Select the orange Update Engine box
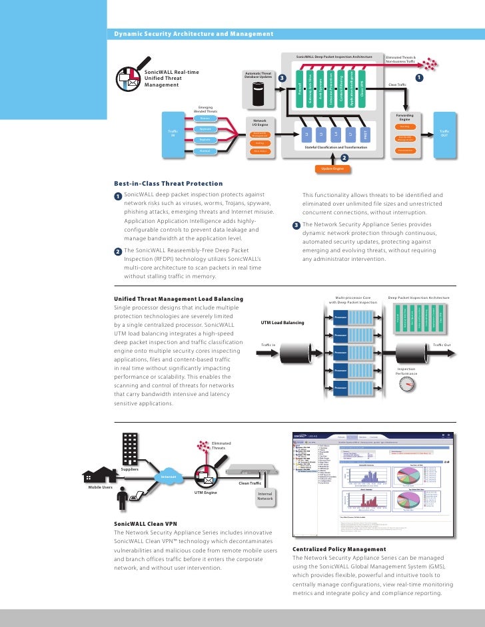[x=333, y=169]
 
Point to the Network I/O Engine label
[x=260, y=122]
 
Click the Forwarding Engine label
[x=405, y=116]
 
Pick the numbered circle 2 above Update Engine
[x=344, y=158]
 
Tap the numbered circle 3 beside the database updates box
[x=282, y=79]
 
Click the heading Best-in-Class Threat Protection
[x=168, y=184]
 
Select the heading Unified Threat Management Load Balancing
[x=179, y=299]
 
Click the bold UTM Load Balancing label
[x=282, y=323]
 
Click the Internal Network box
[x=266, y=496]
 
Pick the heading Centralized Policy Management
[x=339, y=549]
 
